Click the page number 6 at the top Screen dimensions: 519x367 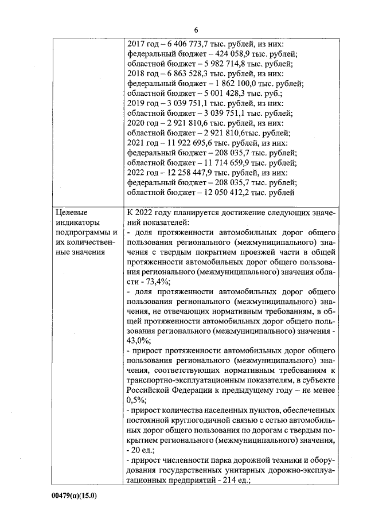[196, 30]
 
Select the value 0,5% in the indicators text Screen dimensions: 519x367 [136, 400]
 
